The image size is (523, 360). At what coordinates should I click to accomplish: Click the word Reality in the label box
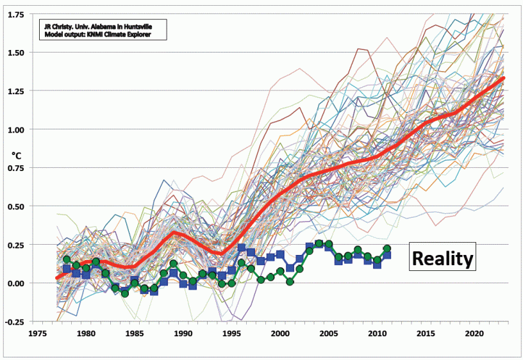click(x=442, y=259)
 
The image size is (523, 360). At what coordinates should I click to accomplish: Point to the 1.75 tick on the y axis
click(x=35, y=13)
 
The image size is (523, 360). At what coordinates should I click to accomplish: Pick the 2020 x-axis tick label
click(x=474, y=333)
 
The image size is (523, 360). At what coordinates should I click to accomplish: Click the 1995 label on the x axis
click(x=231, y=333)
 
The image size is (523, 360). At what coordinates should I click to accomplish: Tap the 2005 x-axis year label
click(x=329, y=333)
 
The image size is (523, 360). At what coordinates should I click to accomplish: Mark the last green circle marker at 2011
click(x=387, y=249)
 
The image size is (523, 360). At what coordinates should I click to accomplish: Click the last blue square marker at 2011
click(x=387, y=256)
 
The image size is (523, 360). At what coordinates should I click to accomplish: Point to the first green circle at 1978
click(x=67, y=259)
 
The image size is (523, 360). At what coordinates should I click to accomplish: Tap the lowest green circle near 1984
click(x=125, y=293)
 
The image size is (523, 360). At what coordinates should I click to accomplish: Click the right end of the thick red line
click(x=503, y=78)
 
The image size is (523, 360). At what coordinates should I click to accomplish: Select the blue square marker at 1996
click(x=242, y=247)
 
